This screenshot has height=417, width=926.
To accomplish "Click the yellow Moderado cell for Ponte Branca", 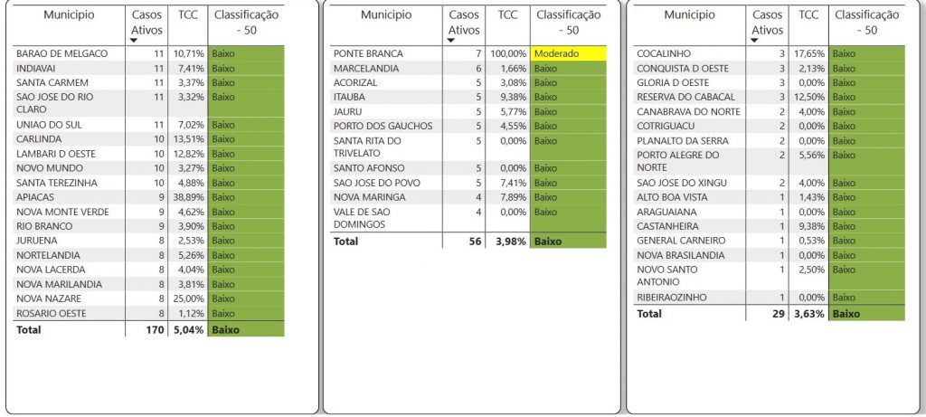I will click(x=569, y=54).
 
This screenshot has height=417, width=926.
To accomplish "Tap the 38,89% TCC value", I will click(x=188, y=197).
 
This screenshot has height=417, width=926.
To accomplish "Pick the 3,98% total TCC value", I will click(x=510, y=241).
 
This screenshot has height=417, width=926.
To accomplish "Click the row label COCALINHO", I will click(x=665, y=54).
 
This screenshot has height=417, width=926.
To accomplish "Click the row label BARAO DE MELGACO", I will click(x=61, y=54).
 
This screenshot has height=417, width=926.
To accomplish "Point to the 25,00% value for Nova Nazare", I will click(x=188, y=299).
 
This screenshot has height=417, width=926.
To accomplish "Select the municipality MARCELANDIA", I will click(x=366, y=69).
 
